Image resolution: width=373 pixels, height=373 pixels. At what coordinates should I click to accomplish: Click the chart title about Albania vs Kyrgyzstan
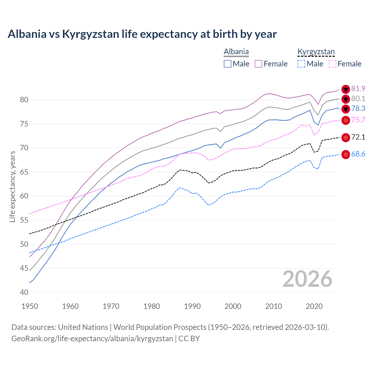142,34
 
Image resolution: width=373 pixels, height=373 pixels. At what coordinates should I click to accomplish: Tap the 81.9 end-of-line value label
358,89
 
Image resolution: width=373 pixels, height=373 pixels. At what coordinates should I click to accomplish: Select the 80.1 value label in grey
358,99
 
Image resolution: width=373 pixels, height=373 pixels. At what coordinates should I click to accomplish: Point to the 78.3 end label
358,109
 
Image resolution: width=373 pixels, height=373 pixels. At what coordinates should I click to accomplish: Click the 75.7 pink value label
358,120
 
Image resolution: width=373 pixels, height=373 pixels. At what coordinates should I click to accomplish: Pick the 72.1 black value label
358,137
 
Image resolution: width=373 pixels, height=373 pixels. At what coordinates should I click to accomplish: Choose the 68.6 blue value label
358,154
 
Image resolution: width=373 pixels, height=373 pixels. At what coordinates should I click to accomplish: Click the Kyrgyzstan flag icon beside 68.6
346,154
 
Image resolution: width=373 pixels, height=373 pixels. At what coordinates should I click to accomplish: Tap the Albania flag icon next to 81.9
346,89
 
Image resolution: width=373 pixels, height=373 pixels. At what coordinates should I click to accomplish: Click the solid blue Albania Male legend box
228,64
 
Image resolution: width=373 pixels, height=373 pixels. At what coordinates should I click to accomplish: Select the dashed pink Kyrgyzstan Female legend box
332,64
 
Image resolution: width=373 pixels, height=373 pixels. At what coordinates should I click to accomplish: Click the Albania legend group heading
236,52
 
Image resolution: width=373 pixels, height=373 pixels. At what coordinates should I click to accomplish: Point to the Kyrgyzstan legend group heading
316,52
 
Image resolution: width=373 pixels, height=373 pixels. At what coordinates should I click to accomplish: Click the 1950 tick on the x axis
30,306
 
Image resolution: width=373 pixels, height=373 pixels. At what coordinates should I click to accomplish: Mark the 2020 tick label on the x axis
314,306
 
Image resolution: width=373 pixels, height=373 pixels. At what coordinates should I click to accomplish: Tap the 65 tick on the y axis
24,172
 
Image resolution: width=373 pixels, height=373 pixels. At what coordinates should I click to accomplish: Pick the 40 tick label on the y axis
24,292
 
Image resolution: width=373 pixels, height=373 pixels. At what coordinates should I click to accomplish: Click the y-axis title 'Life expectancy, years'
12,186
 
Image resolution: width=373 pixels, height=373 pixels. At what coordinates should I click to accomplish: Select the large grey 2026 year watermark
307,279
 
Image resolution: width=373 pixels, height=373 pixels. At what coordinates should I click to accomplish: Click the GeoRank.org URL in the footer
92,339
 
